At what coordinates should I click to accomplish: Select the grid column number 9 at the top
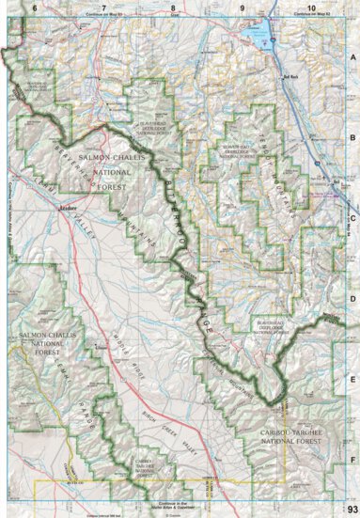(243, 8)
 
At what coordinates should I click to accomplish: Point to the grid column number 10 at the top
(311, 8)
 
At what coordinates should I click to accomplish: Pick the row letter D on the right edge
(353, 300)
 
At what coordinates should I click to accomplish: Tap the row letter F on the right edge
(353, 460)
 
